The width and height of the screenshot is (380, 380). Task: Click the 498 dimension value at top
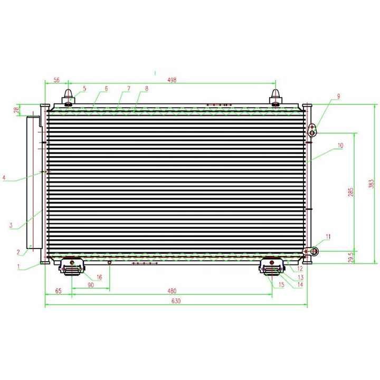click(172, 80)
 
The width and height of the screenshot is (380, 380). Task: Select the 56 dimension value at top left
click(56, 80)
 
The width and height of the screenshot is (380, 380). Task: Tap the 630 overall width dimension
click(176, 301)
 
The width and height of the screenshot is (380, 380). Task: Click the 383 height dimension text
click(371, 183)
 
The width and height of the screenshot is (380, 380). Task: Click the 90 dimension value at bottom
click(90, 286)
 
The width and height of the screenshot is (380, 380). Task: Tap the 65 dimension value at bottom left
click(58, 290)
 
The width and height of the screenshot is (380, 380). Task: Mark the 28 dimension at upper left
click(16, 110)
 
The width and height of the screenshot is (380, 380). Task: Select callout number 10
click(340, 145)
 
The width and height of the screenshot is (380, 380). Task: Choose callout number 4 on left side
click(4, 178)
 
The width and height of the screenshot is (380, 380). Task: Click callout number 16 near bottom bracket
click(99, 277)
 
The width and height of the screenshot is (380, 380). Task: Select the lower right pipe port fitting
click(313, 251)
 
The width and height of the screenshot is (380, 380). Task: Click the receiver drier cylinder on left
click(34, 179)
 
